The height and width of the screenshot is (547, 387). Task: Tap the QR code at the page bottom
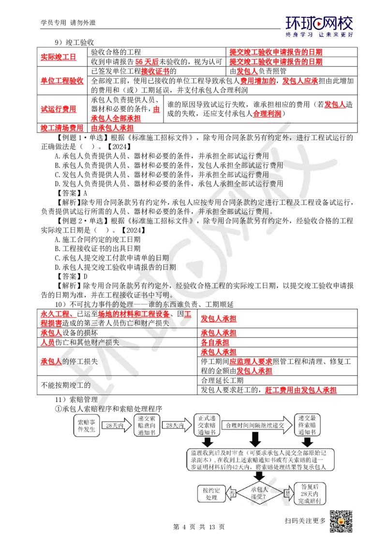(x=341, y=521)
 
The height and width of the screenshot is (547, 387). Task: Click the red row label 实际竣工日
(x=59, y=57)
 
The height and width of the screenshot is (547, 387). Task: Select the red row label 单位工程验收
(x=62, y=81)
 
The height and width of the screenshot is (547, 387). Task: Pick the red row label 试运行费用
(x=59, y=109)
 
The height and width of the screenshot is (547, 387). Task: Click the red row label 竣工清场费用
(x=62, y=128)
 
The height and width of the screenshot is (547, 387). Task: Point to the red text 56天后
(x=147, y=62)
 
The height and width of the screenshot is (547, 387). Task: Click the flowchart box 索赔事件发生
(x=86, y=426)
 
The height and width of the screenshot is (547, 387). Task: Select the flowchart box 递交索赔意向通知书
(x=147, y=425)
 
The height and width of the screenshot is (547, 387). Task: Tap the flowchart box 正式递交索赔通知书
(x=207, y=425)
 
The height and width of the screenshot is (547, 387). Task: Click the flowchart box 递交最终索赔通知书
(x=307, y=425)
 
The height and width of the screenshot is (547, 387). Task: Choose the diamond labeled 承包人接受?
(x=259, y=493)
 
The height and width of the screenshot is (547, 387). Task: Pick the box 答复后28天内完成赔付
(x=310, y=494)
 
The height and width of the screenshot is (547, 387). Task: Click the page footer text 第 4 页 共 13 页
(x=199, y=527)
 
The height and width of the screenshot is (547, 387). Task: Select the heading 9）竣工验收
(x=74, y=43)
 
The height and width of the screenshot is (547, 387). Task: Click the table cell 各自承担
(x=215, y=342)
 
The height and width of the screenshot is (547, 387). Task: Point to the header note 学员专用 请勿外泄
(x=68, y=23)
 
